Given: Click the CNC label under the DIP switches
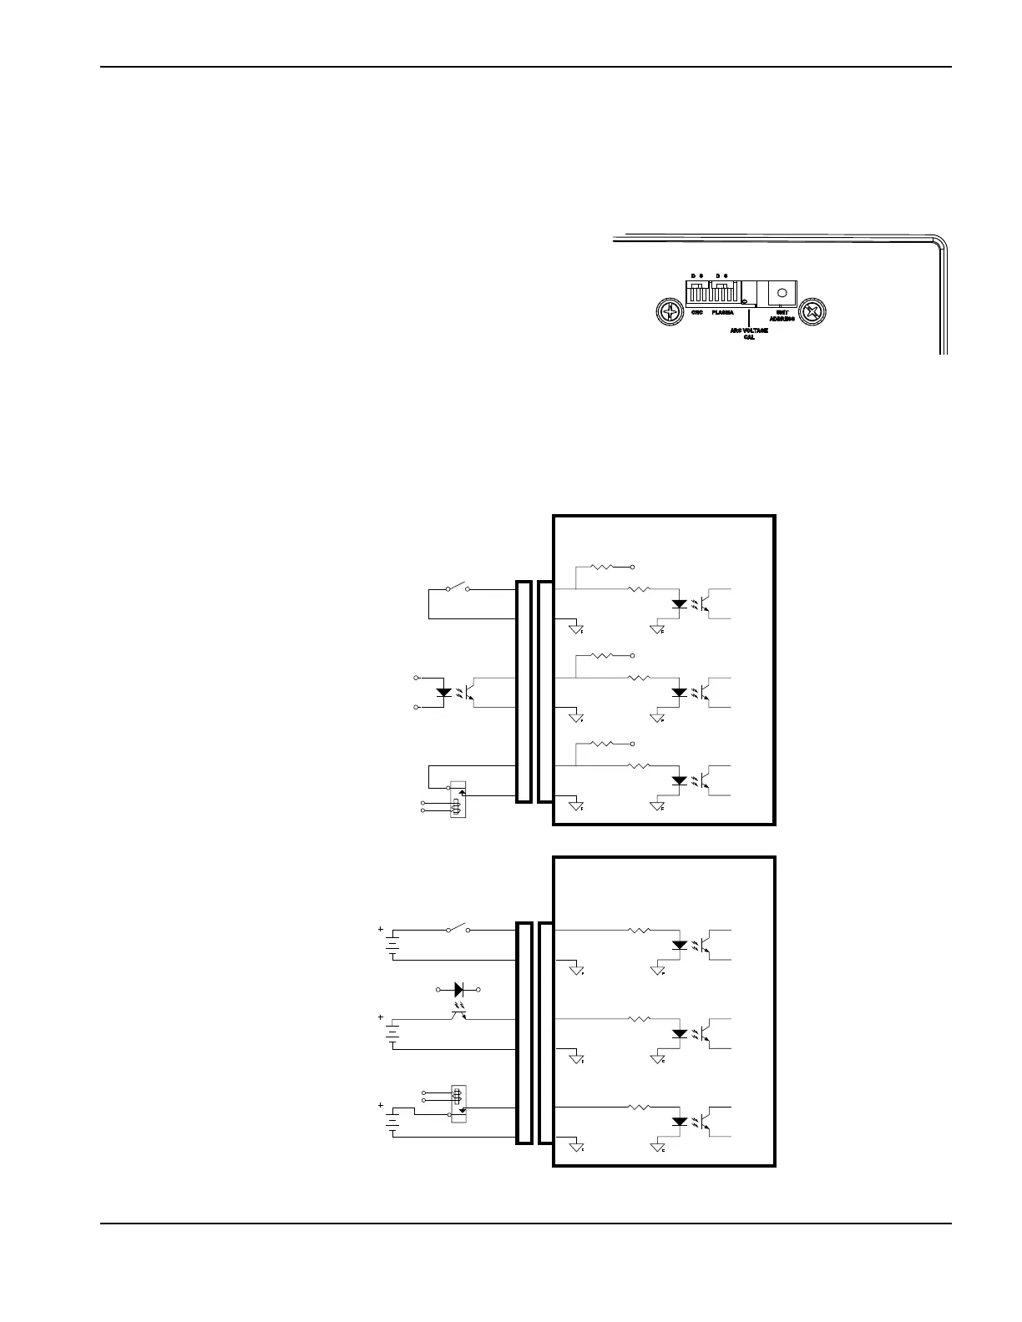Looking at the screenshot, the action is tap(697, 312).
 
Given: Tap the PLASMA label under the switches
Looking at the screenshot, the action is tap(723, 312).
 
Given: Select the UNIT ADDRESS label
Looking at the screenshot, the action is tap(782, 315).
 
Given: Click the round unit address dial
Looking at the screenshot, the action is tap(782, 293).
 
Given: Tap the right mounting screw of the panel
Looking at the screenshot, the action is tap(812, 313).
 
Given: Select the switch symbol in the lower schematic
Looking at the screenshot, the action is tap(457, 929).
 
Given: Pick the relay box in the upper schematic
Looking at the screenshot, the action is tap(457, 799).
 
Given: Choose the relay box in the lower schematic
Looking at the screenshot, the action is tap(457, 1103).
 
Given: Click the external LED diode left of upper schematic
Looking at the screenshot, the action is tap(444, 692).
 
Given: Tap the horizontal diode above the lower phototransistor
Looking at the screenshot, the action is tap(458, 990).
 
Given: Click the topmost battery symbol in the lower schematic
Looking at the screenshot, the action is tap(392, 945).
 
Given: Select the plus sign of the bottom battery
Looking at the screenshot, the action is tap(381, 1105).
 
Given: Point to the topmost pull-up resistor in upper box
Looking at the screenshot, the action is tap(602, 567).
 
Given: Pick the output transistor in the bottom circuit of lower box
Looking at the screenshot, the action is tap(706, 1121).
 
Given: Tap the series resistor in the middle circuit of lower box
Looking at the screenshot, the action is tap(639, 1019).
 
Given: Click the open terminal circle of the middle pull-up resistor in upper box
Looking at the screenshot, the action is tap(634, 655).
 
